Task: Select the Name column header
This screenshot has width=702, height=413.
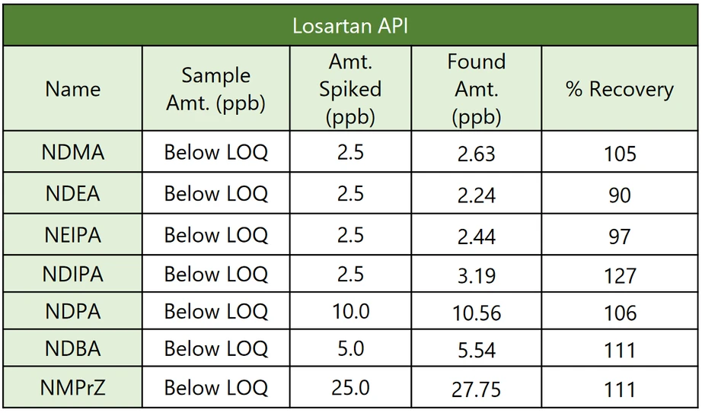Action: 72,89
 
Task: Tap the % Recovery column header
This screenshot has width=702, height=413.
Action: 619,89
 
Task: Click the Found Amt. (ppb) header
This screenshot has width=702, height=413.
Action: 476,89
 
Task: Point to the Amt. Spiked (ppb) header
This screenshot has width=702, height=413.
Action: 350,89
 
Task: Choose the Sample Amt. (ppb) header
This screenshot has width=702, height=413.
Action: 215,89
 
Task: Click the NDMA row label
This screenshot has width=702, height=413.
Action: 73,153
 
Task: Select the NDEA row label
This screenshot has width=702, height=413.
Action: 73,193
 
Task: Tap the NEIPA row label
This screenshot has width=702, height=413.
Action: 73,234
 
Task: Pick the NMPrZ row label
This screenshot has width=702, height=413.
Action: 73,389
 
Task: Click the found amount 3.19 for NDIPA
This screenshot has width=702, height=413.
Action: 476,275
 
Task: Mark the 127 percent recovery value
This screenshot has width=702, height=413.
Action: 619,275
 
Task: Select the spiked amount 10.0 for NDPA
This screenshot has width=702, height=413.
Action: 350,312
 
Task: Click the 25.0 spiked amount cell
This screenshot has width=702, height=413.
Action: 350,389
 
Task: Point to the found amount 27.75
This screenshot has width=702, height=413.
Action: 476,389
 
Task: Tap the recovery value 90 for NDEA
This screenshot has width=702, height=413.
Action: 619,195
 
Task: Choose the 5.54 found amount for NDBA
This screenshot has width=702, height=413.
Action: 476,351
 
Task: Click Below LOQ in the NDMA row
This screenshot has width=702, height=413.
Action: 215,153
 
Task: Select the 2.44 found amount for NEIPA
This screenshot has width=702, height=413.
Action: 476,235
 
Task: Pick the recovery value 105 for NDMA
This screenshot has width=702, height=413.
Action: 619,154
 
